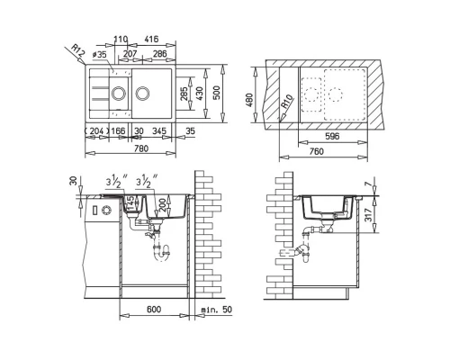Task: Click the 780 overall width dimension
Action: pos(141,148)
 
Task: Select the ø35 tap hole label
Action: pos(100,55)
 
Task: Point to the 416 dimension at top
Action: pos(150,39)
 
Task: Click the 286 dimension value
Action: pos(160,54)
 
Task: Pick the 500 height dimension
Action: pos(218,93)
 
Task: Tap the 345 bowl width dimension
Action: pos(159,131)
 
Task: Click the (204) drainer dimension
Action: pos(94,131)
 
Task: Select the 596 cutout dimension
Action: pos(332,137)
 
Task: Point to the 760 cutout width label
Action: pos(316,151)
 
